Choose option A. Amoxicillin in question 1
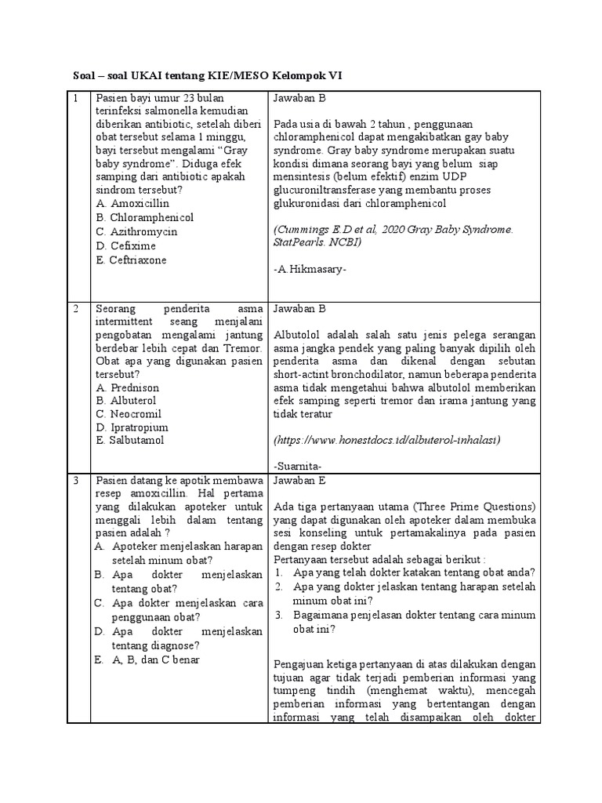(132, 203)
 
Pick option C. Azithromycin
(136, 231)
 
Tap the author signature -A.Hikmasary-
(310, 270)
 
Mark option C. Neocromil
(129, 413)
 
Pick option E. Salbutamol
(130, 441)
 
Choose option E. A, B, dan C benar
(147, 659)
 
